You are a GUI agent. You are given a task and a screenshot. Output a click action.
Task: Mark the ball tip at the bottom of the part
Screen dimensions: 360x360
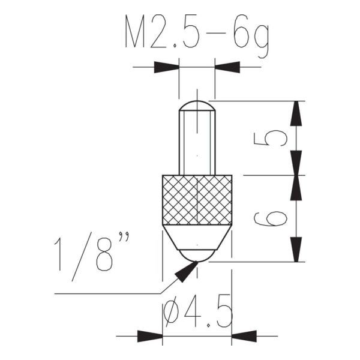tap(197, 255)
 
